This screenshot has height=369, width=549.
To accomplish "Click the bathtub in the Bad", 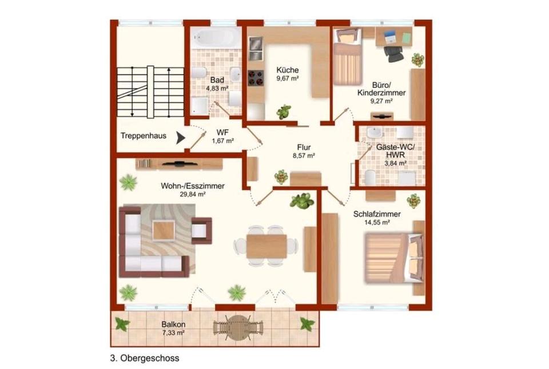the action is [x=216, y=38].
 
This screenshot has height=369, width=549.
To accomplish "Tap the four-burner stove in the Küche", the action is [x=256, y=78].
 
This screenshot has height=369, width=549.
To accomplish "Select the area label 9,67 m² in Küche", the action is [x=288, y=78].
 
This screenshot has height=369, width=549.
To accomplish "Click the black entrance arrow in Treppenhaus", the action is [x=181, y=138].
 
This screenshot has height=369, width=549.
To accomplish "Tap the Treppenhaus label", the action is [x=144, y=136].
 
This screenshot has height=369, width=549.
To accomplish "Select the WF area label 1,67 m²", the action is [x=222, y=141].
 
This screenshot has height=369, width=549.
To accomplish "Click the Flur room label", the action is [x=304, y=147].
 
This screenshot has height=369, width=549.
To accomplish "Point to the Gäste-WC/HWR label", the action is [x=395, y=151].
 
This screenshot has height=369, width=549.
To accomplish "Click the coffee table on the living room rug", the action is [x=164, y=231].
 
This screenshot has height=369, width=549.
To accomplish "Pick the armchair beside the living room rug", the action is [x=201, y=231].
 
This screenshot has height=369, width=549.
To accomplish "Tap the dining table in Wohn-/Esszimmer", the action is [x=266, y=246].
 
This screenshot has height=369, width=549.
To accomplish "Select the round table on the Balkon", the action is [x=238, y=328].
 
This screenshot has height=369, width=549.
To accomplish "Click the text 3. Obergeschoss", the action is [x=145, y=358].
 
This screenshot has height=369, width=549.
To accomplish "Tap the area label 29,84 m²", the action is [x=193, y=194].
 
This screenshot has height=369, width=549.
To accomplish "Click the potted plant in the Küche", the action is [x=284, y=112].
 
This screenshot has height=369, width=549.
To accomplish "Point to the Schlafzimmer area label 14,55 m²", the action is [x=377, y=222].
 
